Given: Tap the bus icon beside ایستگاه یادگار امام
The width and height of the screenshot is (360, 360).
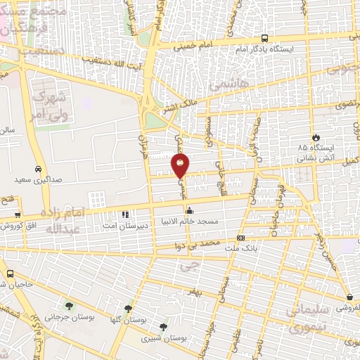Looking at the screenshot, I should pos(264,39).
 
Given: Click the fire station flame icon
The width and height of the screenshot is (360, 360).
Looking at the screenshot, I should pos(316,137).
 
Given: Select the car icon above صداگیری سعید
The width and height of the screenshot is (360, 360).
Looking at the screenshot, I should pos(37,169).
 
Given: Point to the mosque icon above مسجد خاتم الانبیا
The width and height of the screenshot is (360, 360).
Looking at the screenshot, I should pos(189,210).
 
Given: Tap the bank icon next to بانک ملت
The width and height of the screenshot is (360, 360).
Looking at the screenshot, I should pos(240,238).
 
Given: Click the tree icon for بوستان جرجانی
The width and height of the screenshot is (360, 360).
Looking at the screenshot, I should pos(69,305).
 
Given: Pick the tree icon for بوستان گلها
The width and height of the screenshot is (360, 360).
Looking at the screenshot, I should pos(128,308).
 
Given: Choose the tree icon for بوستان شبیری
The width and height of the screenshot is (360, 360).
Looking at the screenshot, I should pos(163,326).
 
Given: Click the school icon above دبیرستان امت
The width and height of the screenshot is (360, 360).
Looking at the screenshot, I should pos(124,214).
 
